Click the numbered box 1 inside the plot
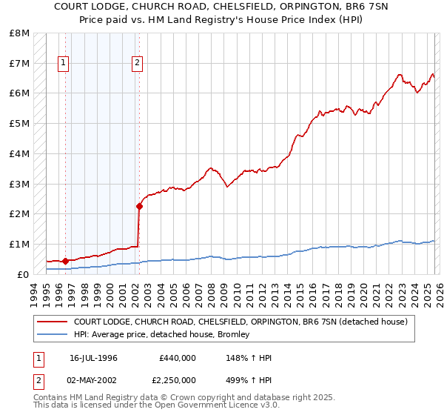[64, 64]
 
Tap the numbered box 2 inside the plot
[138, 64]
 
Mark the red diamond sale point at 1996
[65, 261]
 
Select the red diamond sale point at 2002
[138, 206]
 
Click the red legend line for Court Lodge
[52, 322]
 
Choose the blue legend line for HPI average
[52, 334]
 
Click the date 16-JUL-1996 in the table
[93, 358]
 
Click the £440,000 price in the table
[177, 358]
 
